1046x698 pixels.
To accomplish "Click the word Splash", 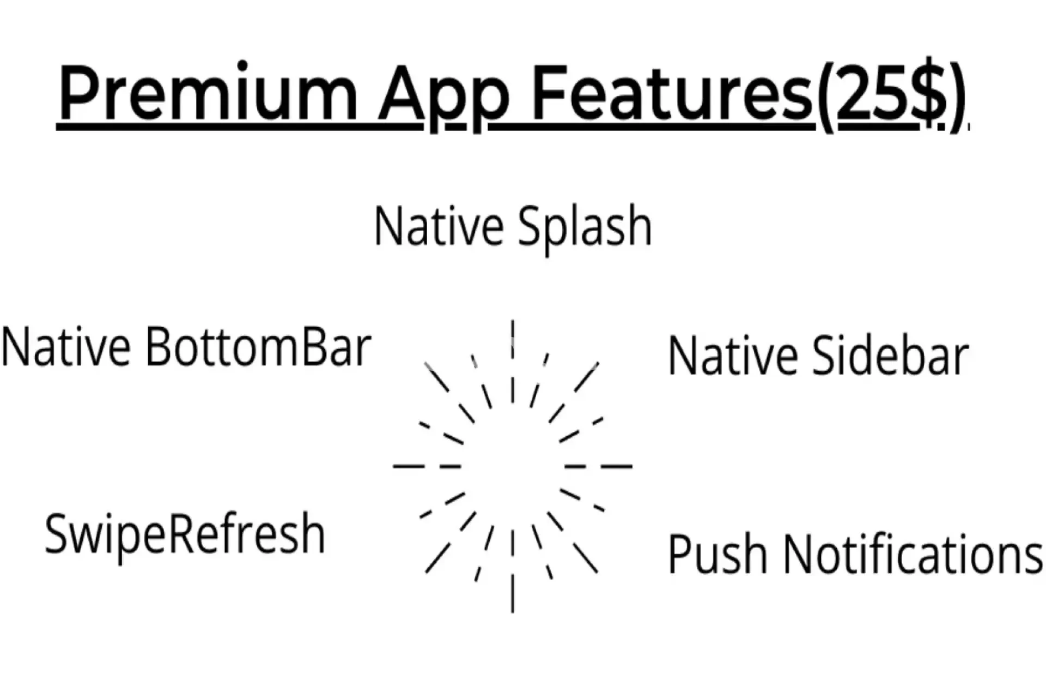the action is click(x=585, y=227).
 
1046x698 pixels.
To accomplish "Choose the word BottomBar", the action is click(x=258, y=347).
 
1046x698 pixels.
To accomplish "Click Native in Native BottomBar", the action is click(x=65, y=347).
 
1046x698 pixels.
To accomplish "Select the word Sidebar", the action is click(x=891, y=356).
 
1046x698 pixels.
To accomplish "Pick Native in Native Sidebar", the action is click(x=732, y=356).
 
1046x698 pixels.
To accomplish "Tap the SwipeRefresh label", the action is click(x=185, y=535).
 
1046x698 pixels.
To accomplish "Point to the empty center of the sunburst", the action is click(x=513, y=467).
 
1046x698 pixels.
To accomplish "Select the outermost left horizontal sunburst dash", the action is click(x=409, y=467).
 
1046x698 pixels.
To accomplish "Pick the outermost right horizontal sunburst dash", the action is click(x=617, y=467).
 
